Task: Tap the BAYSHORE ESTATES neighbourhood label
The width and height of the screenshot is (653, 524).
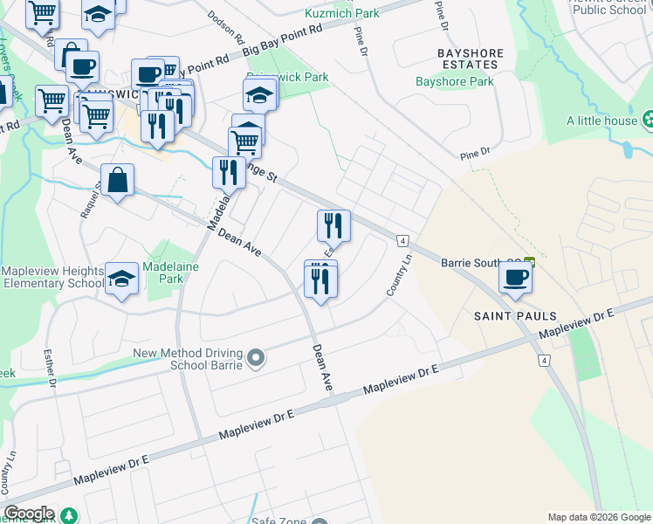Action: point(471,59)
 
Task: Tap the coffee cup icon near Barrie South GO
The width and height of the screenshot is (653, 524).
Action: point(515,278)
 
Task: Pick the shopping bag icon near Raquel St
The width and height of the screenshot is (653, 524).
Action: point(118,181)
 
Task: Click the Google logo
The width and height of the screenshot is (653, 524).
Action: point(28,514)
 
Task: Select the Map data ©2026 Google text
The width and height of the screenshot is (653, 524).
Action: point(598,517)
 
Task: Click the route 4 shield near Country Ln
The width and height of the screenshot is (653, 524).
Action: point(402,240)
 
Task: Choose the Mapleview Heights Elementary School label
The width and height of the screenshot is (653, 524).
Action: point(52,278)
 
